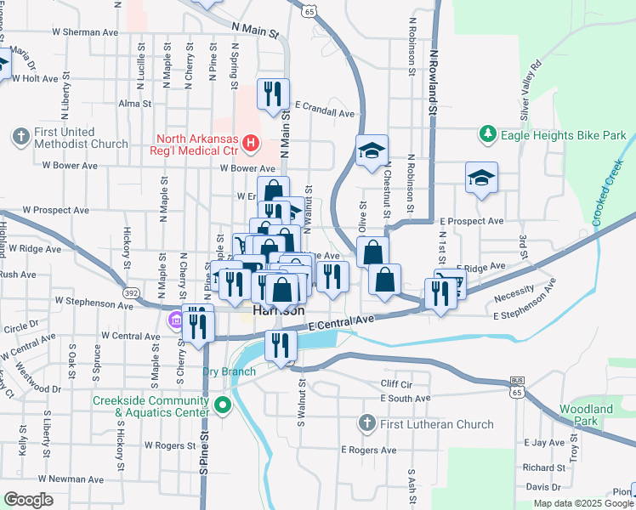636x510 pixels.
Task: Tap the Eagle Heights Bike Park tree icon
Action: click(487, 134)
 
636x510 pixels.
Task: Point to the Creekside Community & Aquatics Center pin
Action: click(223, 405)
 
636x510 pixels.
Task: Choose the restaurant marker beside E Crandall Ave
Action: click(273, 93)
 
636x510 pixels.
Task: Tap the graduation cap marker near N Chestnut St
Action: click(372, 150)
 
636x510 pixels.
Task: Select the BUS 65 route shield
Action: click(517, 387)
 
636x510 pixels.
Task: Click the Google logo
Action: click(29, 500)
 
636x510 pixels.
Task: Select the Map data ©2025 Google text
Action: click(582, 503)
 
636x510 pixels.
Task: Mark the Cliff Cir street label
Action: click(396, 384)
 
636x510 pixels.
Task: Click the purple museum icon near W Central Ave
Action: click(174, 320)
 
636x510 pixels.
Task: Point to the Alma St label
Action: click(134, 104)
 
